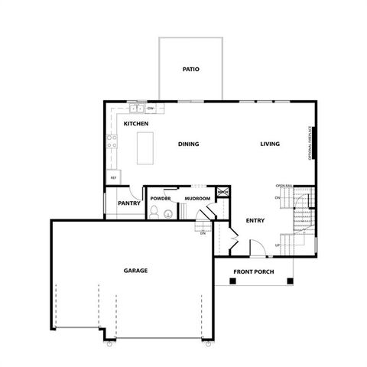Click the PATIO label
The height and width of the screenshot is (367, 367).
(x=190, y=70)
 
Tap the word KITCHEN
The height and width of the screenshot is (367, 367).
(x=135, y=124)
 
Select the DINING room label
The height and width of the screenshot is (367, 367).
(x=189, y=144)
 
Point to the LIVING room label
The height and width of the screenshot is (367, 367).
(x=269, y=144)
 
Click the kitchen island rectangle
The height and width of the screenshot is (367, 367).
(x=145, y=147)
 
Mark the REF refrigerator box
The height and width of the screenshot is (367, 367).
(x=113, y=177)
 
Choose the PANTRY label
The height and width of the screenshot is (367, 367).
(x=128, y=203)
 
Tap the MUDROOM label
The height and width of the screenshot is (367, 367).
(x=197, y=198)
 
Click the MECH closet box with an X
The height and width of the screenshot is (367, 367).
(x=223, y=193)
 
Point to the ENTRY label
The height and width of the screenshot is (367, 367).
(x=255, y=221)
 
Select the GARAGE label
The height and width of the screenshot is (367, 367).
(x=135, y=271)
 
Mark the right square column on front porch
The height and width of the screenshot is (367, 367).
(x=289, y=281)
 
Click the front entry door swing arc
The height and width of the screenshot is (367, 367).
(x=258, y=248)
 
